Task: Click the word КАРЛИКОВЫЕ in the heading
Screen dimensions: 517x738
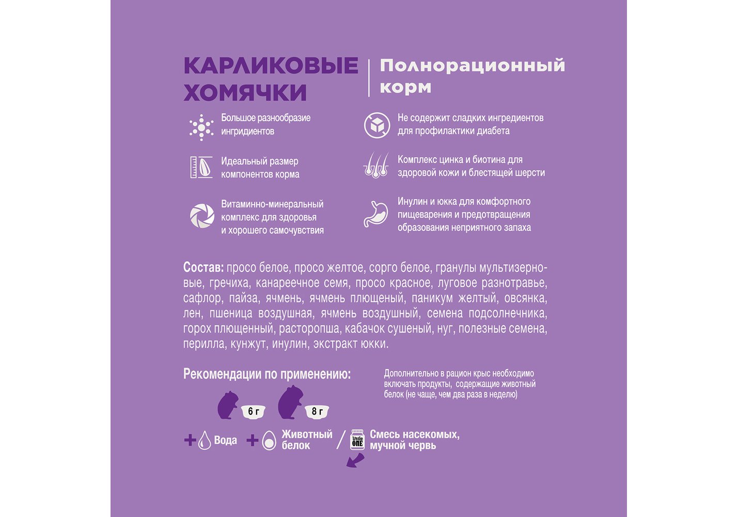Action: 271,66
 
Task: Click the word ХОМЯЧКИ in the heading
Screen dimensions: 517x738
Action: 245,93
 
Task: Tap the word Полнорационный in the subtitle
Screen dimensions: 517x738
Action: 472,66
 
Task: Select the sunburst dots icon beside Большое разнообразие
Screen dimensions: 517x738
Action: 201,127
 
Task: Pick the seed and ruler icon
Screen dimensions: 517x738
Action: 201,167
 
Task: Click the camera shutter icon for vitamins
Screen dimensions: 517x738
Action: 202,216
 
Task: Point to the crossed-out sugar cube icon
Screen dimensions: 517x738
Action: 376,126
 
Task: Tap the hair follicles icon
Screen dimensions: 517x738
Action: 376,165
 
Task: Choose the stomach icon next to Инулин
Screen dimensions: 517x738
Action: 375,214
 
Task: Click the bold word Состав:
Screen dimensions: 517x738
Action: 203,268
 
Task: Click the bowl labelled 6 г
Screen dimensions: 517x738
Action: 253,412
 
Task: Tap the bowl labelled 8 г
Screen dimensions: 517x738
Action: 317,412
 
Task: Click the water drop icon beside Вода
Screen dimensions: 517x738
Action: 205,440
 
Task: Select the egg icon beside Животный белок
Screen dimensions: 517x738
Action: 269,440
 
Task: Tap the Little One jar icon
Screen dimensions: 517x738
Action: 357,439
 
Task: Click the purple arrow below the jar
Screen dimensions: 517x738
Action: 355,461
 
